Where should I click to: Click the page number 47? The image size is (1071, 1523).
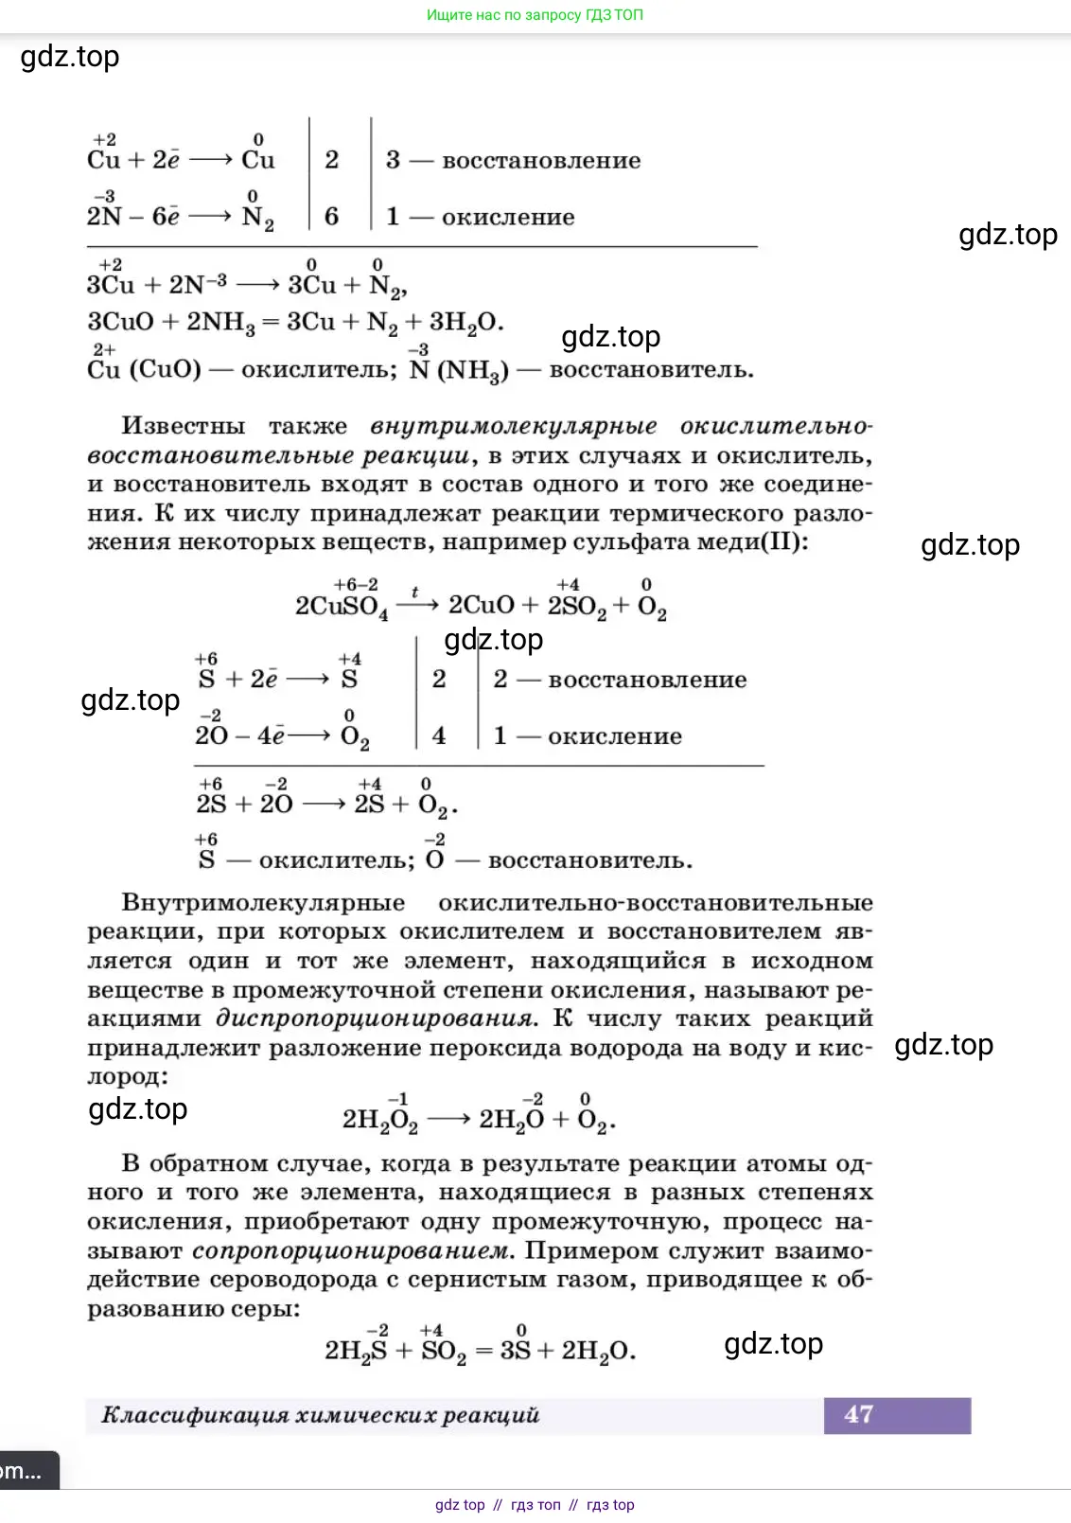tap(858, 1414)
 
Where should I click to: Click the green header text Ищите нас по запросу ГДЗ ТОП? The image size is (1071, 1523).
tap(535, 15)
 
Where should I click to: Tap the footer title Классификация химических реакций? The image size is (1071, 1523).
tap(320, 1415)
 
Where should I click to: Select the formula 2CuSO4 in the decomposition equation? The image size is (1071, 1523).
tap(341, 606)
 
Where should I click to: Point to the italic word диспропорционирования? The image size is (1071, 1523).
tap(376, 1018)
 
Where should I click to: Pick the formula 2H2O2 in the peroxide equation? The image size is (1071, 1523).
tap(379, 1120)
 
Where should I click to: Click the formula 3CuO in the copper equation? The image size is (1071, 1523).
tap(120, 322)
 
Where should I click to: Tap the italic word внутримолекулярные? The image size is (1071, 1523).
tap(513, 426)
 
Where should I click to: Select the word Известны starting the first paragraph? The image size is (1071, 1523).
tap(183, 426)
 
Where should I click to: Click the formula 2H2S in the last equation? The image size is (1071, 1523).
tap(356, 1350)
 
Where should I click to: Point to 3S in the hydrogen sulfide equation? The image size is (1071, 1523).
tap(515, 1350)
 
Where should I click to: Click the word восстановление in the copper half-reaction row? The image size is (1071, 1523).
tap(541, 161)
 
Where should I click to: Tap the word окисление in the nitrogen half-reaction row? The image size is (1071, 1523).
tap(508, 218)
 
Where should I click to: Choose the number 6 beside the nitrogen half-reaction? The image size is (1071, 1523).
tap(331, 217)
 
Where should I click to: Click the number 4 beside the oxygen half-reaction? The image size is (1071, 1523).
tap(439, 736)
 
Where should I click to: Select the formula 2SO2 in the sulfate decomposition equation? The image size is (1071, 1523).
tap(576, 606)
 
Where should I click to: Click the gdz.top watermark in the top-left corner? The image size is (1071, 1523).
tap(70, 57)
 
